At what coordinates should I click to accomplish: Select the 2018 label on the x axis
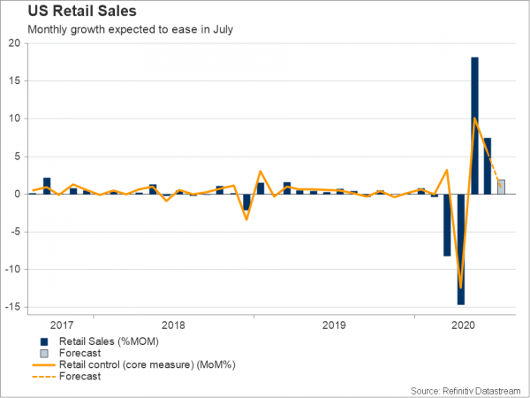pyautogui.click(x=174, y=325)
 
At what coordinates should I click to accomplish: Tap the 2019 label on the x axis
pyautogui.click(x=335, y=325)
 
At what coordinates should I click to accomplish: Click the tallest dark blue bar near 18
pyautogui.click(x=474, y=125)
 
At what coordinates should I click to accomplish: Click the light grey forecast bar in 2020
pyautogui.click(x=501, y=187)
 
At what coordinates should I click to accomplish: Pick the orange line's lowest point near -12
pyautogui.click(x=461, y=287)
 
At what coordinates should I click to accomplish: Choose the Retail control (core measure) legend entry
pyautogui.click(x=132, y=364)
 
